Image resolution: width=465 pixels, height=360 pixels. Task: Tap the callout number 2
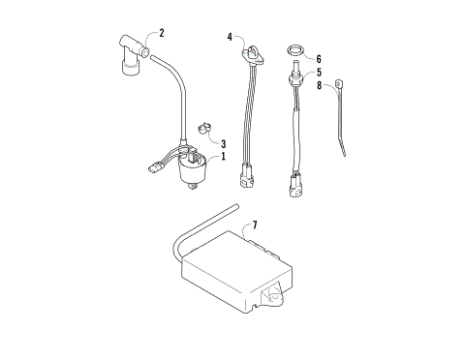coord(161,33)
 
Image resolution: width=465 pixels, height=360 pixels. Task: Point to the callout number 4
coord(231,37)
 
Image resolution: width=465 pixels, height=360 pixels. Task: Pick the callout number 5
coord(318,72)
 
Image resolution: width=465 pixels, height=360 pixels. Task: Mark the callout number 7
coord(255,225)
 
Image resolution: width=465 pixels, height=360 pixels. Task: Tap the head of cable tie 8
coord(339,83)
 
